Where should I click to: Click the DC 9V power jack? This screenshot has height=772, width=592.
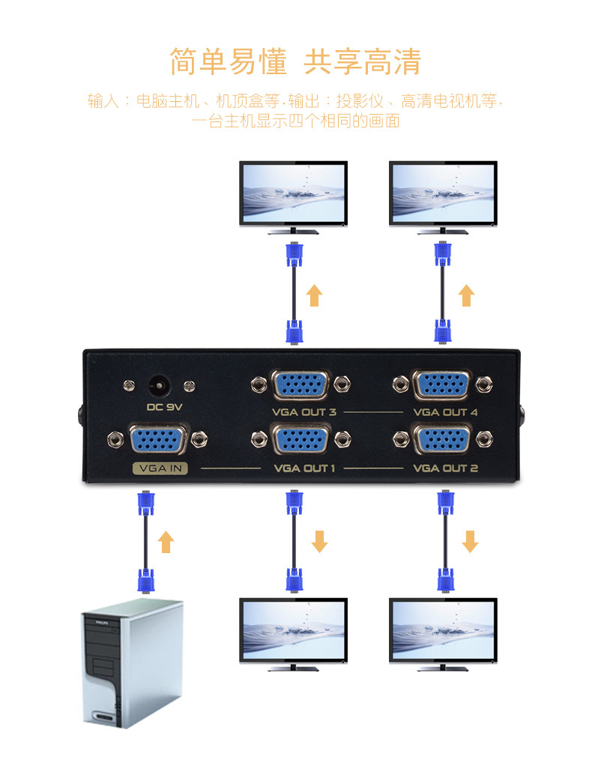point(159,386)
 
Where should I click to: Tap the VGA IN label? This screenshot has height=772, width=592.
point(160,470)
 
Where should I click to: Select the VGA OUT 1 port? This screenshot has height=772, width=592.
point(299,441)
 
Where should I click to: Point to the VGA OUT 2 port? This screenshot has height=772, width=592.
point(441,441)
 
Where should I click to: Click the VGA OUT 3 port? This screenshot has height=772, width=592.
point(300,385)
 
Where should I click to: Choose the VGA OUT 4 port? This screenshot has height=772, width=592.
point(442,385)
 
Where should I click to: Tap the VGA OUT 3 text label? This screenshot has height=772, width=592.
point(304,412)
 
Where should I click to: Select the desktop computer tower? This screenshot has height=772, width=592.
point(131,663)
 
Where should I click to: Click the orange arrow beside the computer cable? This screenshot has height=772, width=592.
point(166,541)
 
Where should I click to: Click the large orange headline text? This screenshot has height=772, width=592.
point(295,61)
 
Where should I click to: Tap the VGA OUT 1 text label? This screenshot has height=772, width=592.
point(304,469)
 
